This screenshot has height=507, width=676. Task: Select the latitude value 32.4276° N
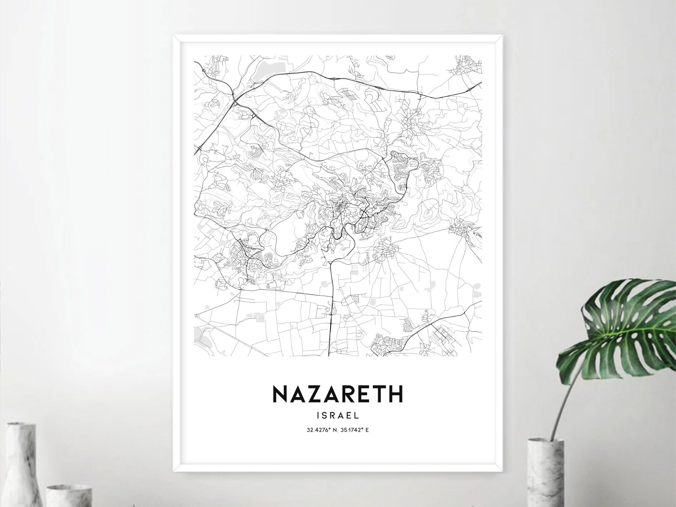(321, 430)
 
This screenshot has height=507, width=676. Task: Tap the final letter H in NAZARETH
(396, 394)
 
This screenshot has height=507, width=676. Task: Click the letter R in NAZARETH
(345, 394)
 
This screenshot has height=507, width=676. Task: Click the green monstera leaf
(625, 322)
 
